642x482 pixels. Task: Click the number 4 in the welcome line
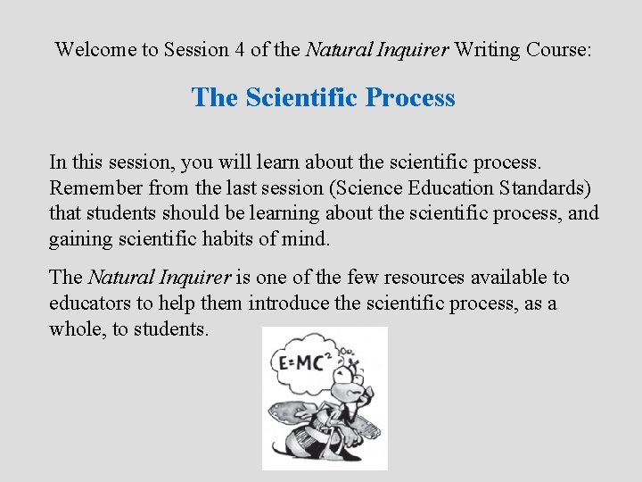[240, 50]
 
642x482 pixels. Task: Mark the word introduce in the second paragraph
[288, 303]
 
